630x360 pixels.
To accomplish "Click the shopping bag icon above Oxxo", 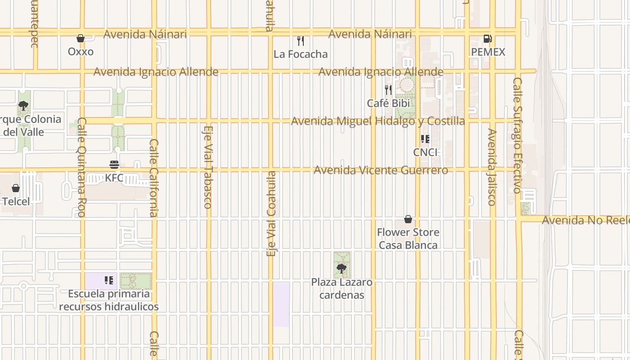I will [x=81, y=39].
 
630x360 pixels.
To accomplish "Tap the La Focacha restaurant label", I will [x=301, y=54].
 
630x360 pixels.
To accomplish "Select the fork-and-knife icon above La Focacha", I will [x=301, y=41].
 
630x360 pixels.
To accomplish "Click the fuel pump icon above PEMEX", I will [x=487, y=39].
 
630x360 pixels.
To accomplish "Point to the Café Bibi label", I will [x=388, y=103].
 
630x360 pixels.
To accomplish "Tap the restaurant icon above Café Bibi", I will [x=388, y=90].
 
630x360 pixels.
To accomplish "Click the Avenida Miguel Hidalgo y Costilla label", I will [x=378, y=121].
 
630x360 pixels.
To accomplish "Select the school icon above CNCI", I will [x=425, y=139].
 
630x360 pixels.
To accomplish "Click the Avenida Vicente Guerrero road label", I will [x=381, y=170].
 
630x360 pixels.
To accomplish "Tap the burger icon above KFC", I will [x=114, y=165].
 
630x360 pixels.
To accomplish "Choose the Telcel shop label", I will [x=16, y=201].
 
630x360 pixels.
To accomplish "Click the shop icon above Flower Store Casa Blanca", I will [x=408, y=219].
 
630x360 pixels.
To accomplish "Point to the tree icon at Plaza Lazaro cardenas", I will [x=342, y=269].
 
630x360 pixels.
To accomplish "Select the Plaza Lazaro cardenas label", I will [x=342, y=288].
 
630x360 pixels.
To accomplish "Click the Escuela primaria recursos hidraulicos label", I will [x=108, y=300].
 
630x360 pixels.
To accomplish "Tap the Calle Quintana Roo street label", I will [x=81, y=167].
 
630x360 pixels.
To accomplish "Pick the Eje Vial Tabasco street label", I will [x=207, y=167].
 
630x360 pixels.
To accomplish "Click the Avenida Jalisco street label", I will [x=492, y=167].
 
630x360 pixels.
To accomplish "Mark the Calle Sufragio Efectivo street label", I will [x=517, y=135].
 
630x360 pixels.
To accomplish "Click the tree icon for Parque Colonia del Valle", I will [x=23, y=106].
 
